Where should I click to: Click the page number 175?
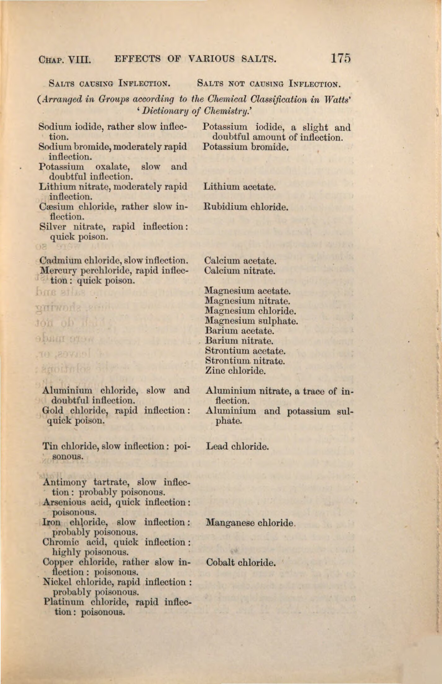tap(340, 58)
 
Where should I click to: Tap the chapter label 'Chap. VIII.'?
tap(64, 59)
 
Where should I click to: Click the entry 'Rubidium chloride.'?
tap(246, 207)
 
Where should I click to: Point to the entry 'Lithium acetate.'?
tap(239, 187)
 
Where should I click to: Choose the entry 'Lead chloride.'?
tap(237, 446)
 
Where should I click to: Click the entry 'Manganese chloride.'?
tap(251, 523)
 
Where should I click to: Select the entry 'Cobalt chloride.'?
tap(241, 562)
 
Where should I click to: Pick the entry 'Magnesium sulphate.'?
tap(251, 321)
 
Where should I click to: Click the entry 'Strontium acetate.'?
tap(245, 351)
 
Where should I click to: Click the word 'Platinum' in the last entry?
tap(64, 602)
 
